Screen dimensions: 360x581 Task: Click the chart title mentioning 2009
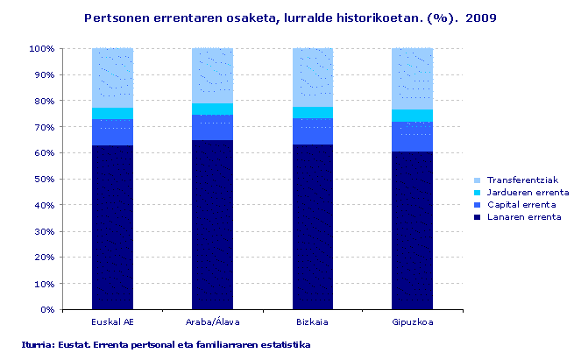click(290, 17)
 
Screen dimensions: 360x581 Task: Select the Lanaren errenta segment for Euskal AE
click(112, 227)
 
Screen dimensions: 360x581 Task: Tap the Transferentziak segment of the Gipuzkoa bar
click(412, 79)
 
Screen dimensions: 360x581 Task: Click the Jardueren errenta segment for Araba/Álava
click(212, 109)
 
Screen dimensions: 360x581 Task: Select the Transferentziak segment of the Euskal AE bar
click(112, 78)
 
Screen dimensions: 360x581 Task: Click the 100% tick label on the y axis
click(42, 48)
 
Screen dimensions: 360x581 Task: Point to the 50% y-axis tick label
click(44, 179)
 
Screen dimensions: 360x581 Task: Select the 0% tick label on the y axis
click(47, 309)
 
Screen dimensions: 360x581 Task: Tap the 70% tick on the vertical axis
click(44, 127)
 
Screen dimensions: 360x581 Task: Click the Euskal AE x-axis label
click(112, 321)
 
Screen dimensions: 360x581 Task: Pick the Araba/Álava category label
click(212, 321)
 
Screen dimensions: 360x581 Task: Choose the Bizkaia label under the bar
click(312, 321)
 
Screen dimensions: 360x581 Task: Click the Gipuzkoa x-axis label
click(412, 321)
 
